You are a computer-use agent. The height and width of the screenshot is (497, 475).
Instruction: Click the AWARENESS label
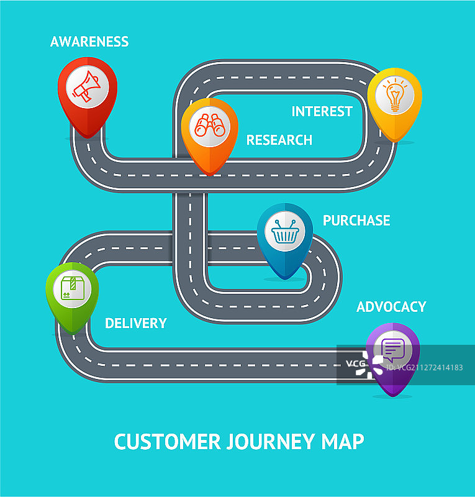tap(89, 42)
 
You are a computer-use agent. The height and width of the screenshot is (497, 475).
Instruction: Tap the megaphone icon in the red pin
tap(87, 86)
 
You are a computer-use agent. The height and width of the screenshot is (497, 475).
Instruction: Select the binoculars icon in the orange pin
tap(210, 126)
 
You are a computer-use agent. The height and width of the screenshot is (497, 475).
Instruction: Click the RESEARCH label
tap(279, 140)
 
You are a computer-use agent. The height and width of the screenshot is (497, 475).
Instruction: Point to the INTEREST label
tap(322, 111)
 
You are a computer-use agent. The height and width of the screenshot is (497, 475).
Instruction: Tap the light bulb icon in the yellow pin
tap(394, 96)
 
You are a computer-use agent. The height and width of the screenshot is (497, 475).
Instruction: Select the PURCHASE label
tap(356, 221)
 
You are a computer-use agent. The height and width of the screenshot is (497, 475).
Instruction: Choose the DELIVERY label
tap(135, 323)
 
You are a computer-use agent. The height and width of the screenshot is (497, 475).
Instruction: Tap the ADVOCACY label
tap(391, 307)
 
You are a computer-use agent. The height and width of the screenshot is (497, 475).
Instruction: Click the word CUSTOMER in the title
tap(168, 442)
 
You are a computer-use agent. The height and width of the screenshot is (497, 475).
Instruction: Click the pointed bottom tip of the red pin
tap(88, 137)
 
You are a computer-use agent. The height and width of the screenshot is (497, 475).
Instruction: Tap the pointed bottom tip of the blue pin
tap(285, 279)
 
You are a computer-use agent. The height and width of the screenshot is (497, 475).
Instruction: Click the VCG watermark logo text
tap(356, 363)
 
